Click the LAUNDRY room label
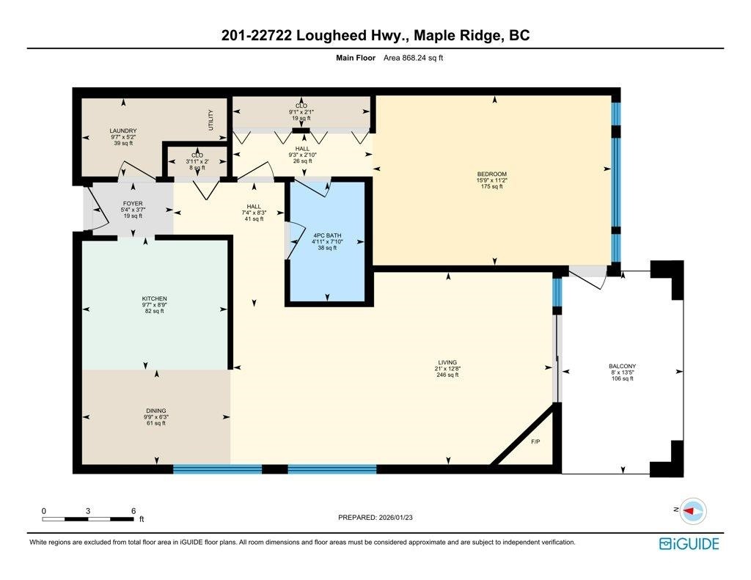(123, 131)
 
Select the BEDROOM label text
(491, 174)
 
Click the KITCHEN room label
(155, 299)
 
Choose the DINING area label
(155, 411)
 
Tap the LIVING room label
(447, 362)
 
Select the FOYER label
(133, 204)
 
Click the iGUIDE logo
(689, 543)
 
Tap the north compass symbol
(692, 510)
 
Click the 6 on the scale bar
(133, 510)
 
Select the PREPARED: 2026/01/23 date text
(380, 517)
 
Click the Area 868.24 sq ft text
(414, 59)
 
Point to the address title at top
(375, 35)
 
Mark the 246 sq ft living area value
(447, 375)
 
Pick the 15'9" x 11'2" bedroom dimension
(491, 180)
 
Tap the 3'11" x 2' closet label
(197, 161)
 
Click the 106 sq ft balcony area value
(622, 379)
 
